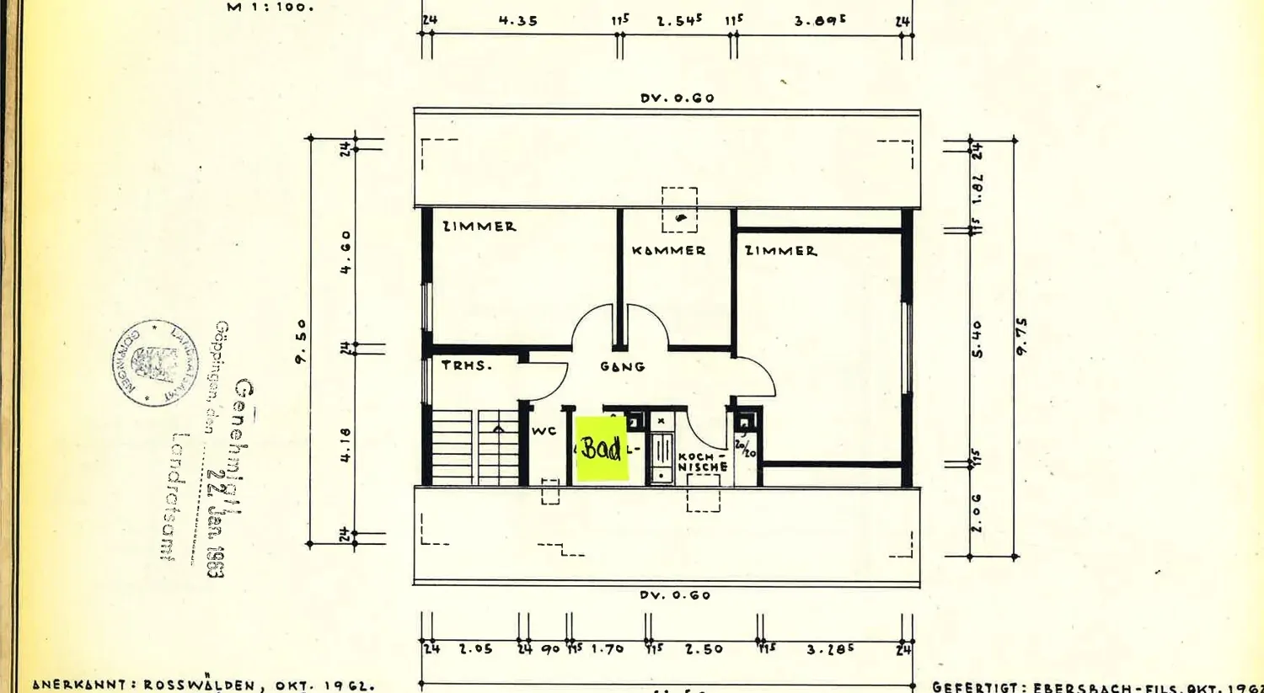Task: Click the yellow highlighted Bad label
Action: click(602, 449)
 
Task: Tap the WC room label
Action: click(544, 431)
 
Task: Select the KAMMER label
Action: click(668, 250)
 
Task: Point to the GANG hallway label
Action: click(623, 366)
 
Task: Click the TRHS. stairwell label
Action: click(466, 365)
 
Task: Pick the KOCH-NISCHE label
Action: click(702, 462)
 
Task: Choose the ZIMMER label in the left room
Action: click(479, 226)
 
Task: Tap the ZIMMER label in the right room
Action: click(780, 250)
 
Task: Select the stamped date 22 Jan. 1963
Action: click(217, 522)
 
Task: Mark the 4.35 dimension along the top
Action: click(517, 20)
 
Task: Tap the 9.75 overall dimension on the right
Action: click(1021, 336)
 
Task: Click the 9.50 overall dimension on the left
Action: click(301, 340)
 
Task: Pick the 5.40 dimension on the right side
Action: click(977, 339)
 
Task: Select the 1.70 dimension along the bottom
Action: click(607, 648)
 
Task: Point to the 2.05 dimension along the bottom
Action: click(475, 648)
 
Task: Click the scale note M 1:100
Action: click(270, 7)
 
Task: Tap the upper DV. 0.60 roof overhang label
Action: click(677, 98)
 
